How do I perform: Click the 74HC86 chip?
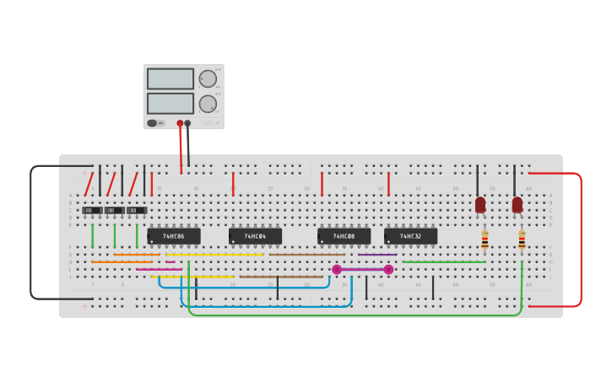(174, 236)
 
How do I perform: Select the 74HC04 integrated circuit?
(255, 236)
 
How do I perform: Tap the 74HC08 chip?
(344, 236)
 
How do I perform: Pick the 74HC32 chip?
(410, 236)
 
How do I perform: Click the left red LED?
(480, 204)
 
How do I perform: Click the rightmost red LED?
(517, 204)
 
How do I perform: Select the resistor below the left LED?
(485, 240)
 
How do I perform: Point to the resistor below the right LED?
(522, 240)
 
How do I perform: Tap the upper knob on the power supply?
(208, 79)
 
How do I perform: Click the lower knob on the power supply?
(208, 104)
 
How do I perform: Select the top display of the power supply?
(171, 78)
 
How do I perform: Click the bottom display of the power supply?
(171, 103)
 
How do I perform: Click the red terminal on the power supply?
(180, 123)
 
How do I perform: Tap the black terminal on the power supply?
(187, 123)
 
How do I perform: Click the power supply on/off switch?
(153, 123)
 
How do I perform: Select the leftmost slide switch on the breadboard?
(92, 210)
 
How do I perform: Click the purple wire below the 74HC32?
(377, 255)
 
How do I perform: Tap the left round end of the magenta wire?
(337, 270)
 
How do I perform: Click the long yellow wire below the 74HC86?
(214, 255)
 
